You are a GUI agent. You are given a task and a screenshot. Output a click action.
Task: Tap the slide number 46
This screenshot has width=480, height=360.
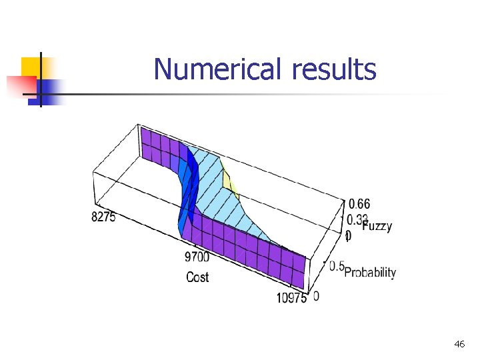click(x=459, y=344)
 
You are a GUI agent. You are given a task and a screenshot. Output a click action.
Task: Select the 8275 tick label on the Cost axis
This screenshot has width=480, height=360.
click(x=103, y=217)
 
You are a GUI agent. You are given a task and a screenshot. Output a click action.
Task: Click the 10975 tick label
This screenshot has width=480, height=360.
click(x=291, y=297)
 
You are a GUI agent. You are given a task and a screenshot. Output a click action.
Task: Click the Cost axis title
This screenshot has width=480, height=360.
click(x=197, y=277)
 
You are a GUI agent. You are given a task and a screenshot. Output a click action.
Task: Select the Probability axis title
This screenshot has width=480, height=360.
click(x=370, y=273)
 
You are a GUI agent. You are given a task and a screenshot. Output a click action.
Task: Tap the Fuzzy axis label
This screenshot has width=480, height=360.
click(x=377, y=226)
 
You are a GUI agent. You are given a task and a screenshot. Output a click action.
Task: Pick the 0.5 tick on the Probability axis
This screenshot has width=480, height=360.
click(x=335, y=266)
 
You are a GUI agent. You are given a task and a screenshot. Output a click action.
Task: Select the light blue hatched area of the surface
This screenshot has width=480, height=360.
click(x=227, y=207)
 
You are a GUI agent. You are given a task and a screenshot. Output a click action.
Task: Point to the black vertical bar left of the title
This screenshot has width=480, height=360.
click(x=40, y=79)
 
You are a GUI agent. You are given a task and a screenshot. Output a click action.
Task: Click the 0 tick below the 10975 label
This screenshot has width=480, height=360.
click(x=315, y=295)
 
